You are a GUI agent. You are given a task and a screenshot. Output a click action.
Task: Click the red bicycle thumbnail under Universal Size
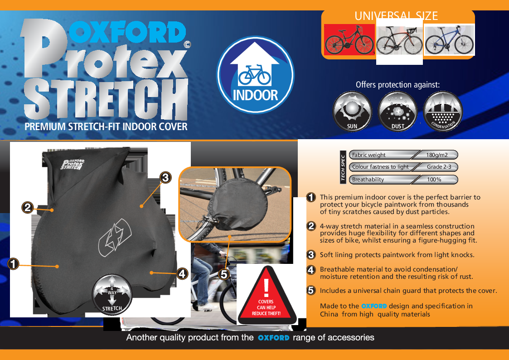click(x=349, y=40)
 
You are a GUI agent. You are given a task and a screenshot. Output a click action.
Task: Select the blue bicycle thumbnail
click(x=449, y=40)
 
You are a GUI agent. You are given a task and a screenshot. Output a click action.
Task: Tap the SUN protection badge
click(x=352, y=112)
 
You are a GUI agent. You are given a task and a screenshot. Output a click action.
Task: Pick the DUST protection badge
click(x=398, y=112)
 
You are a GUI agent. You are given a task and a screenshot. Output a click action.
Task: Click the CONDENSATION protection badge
click(x=443, y=112)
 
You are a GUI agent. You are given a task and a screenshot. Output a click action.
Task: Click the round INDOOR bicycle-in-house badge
click(x=255, y=75)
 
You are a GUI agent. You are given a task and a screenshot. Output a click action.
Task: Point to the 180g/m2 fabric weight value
click(x=436, y=155)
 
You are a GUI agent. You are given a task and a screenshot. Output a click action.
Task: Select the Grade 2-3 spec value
click(x=439, y=167)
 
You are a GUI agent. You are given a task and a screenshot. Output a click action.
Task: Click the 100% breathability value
click(x=434, y=180)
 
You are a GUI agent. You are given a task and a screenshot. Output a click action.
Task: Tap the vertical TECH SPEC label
click(x=343, y=167)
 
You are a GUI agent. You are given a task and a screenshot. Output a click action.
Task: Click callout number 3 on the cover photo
click(x=165, y=178)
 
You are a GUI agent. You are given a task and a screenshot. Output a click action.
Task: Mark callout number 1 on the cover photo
click(x=14, y=263)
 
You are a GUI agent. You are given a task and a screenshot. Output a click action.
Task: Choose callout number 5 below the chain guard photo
click(x=224, y=274)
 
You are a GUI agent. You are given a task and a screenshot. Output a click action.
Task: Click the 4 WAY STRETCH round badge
click(x=112, y=294)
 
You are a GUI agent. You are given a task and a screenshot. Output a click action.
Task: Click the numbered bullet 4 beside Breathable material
click(x=311, y=269)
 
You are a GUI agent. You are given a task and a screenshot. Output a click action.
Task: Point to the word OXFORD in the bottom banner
click(x=273, y=338)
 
